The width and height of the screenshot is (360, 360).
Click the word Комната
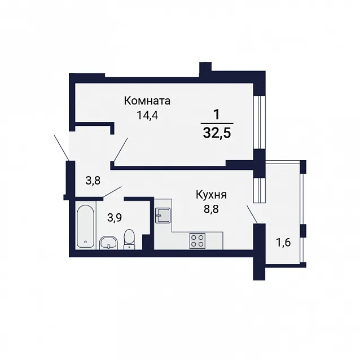tap(147, 101)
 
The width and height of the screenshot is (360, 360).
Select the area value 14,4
tap(147, 115)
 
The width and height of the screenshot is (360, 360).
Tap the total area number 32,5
tap(217, 133)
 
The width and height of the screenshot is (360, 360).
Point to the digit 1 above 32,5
tap(217, 115)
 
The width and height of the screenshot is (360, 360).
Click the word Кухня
tap(211, 195)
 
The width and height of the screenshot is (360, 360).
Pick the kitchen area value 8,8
tap(211, 209)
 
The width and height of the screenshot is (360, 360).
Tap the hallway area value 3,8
tap(93, 181)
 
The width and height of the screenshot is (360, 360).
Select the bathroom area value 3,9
tap(115, 218)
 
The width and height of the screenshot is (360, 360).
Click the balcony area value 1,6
tap(284, 243)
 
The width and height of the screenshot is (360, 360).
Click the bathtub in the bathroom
tap(85, 226)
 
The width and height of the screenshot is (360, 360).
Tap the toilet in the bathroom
tap(130, 239)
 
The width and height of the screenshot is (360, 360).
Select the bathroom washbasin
tap(108, 243)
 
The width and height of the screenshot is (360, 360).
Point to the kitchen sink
tap(163, 215)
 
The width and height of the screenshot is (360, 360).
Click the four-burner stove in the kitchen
tap(197, 240)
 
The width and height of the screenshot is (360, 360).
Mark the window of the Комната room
tap(258, 122)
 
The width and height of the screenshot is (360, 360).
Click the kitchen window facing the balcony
tap(258, 190)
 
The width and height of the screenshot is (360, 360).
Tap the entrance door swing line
tap(62, 148)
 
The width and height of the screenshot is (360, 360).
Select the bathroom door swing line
tap(112, 192)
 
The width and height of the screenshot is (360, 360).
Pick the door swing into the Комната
tap(121, 150)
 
